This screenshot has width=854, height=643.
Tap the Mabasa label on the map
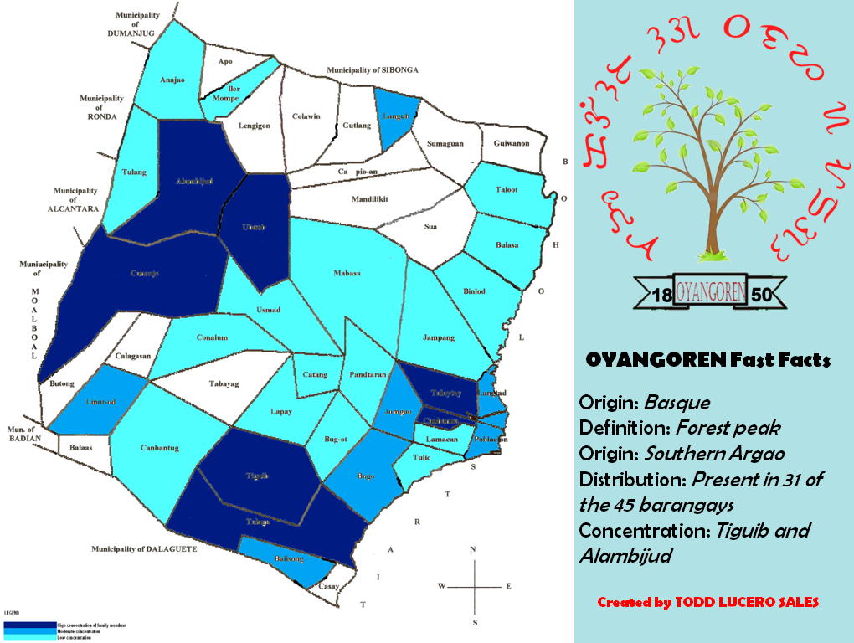(x=347, y=273)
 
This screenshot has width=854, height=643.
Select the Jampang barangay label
(x=439, y=337)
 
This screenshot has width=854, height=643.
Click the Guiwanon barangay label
(x=511, y=144)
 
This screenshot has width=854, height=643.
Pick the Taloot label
(x=507, y=190)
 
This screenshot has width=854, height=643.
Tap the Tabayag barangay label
(x=223, y=384)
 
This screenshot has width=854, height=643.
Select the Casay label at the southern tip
(x=328, y=587)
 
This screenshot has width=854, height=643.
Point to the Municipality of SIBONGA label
(x=372, y=69)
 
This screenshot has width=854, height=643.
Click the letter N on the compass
(x=474, y=550)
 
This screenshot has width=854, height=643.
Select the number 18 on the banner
(x=662, y=295)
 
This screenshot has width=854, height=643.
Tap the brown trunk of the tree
(x=713, y=209)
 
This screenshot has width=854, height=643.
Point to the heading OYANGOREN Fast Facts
(x=707, y=361)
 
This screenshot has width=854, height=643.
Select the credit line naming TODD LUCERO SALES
(x=707, y=602)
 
